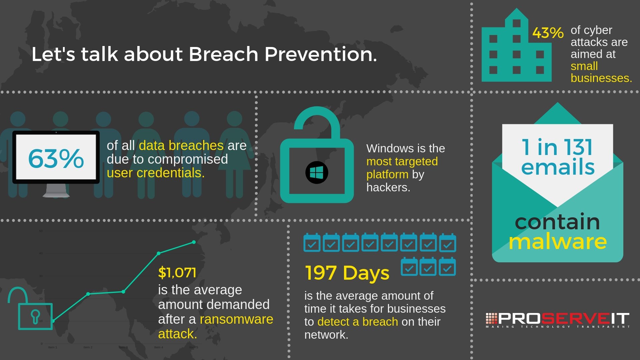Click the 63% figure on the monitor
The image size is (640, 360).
[x=56, y=158]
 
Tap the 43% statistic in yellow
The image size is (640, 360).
[x=548, y=33]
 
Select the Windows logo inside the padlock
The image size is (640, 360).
[x=317, y=173]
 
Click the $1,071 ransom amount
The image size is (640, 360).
[x=177, y=273]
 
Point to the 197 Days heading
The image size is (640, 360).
[x=347, y=273]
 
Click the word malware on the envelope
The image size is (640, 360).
[x=557, y=242]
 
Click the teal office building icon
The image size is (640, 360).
[x=516, y=50]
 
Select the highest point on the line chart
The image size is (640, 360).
[x=194, y=242]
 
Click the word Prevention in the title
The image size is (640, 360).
[x=320, y=54]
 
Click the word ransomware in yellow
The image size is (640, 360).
[x=236, y=319]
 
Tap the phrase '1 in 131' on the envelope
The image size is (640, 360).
[x=557, y=147]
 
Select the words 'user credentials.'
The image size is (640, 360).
[x=155, y=173]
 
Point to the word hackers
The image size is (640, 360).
[x=388, y=187]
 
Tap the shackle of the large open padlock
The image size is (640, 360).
[x=317, y=118]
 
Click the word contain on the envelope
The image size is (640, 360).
[x=557, y=222]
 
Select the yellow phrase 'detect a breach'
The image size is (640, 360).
[x=358, y=322]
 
